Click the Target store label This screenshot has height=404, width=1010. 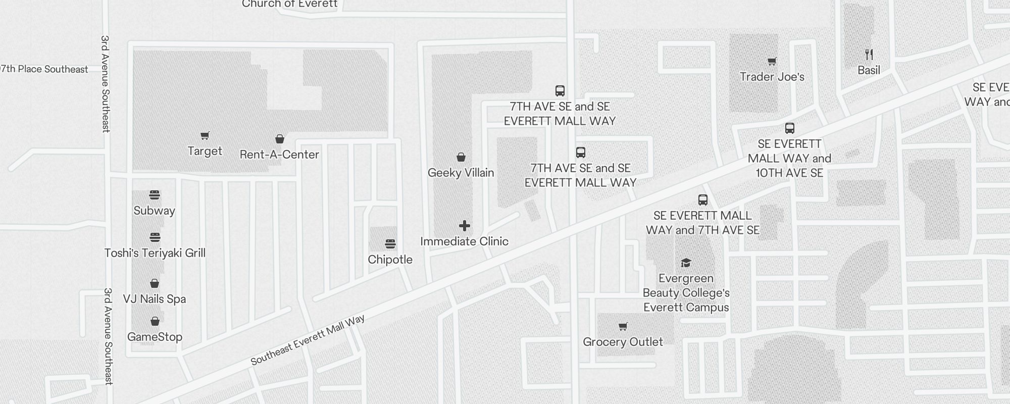pos(205,151)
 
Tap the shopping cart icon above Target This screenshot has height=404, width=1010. pos(205,135)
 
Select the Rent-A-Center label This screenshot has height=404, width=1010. pos(279,155)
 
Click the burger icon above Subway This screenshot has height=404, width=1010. pos(155,195)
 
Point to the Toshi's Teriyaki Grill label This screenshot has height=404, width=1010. pos(155,253)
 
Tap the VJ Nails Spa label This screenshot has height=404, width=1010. pos(155,299)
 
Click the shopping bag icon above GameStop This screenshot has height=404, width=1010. pos(155,322)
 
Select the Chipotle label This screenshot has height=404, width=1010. pos(390,260)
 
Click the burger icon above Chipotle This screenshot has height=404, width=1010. pos(390,244)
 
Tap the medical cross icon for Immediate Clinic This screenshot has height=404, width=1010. pos(465,226)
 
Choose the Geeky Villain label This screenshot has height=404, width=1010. pos(461,173)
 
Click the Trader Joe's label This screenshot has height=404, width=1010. pos(772,77)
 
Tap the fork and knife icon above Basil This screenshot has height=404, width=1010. pos(869,55)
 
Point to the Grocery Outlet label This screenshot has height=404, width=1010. pos(623,342)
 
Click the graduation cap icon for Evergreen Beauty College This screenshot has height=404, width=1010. pos(686,263)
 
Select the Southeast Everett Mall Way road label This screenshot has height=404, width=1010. pos(308,340)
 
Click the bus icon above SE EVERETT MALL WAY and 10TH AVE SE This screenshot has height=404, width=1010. pos(790,128)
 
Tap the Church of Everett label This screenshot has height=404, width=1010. pos(289,5)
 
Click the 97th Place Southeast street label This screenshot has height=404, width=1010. pos(44,69)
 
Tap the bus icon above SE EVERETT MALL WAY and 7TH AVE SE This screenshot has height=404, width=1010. pos(703,200)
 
